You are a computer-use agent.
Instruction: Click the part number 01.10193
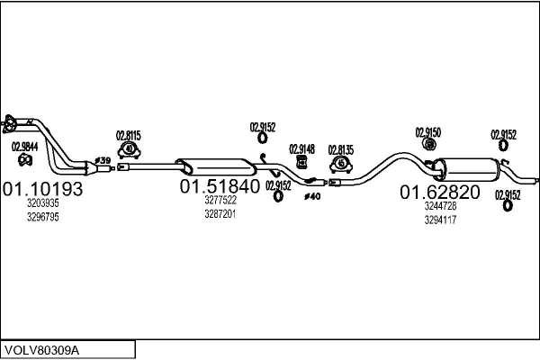(x=42, y=189)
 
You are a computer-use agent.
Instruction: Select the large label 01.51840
(x=220, y=186)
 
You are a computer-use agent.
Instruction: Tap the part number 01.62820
(x=440, y=192)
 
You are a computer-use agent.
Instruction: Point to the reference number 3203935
(x=43, y=203)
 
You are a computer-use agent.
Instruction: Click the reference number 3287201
(x=220, y=214)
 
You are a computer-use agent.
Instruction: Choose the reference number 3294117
(x=440, y=220)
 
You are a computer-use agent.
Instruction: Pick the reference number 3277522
(x=220, y=200)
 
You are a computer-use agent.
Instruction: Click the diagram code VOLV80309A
(x=41, y=350)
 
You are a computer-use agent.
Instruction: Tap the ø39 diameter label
(x=103, y=160)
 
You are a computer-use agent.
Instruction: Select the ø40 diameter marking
(x=312, y=196)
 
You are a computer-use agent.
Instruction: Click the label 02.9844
(x=25, y=147)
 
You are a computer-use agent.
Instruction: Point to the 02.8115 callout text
(x=128, y=136)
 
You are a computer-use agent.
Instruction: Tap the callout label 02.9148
(x=301, y=149)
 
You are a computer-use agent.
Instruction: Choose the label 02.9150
(x=428, y=132)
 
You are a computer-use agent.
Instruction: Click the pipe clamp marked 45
(x=341, y=164)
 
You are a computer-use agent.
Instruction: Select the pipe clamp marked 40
(x=129, y=150)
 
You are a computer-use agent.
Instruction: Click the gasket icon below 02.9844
(x=25, y=160)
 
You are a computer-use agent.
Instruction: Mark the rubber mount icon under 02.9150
(x=429, y=144)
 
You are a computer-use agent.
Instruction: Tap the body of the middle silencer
(x=216, y=166)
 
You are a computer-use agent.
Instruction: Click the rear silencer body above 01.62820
(x=467, y=168)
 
